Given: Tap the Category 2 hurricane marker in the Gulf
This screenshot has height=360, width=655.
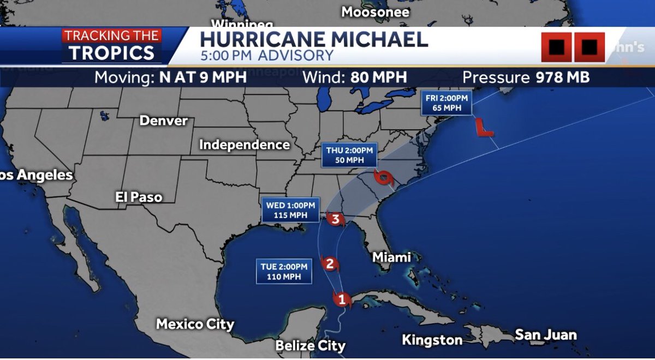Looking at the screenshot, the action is [x=330, y=265].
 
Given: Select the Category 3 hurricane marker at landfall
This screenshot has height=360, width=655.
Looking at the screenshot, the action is [x=336, y=220].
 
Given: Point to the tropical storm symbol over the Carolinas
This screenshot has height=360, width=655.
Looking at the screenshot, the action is [x=383, y=177].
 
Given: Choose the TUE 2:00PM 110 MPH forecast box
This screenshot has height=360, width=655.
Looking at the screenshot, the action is [x=284, y=272].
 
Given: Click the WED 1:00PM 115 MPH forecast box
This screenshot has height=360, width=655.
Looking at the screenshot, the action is [x=290, y=210].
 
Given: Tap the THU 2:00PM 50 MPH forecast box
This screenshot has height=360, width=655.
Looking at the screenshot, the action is [x=349, y=155].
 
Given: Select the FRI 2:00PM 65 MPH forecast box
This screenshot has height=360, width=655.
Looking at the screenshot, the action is [x=446, y=103].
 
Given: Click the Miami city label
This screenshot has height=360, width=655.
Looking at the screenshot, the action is [x=391, y=257].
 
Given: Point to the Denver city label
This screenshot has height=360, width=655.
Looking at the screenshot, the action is [x=164, y=121].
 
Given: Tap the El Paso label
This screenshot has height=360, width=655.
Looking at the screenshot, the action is [x=139, y=197].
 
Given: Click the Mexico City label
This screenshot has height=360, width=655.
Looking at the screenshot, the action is [x=195, y=324].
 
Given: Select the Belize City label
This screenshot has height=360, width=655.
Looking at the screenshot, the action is [x=310, y=345].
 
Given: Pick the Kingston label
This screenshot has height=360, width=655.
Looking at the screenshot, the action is [x=432, y=340].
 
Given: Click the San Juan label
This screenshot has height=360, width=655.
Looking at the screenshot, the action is [x=546, y=334].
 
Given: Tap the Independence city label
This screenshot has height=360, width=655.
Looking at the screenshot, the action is [x=244, y=145].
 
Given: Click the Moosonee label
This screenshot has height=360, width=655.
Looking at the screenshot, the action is [x=375, y=11].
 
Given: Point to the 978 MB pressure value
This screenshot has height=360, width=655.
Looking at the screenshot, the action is [x=562, y=77].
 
